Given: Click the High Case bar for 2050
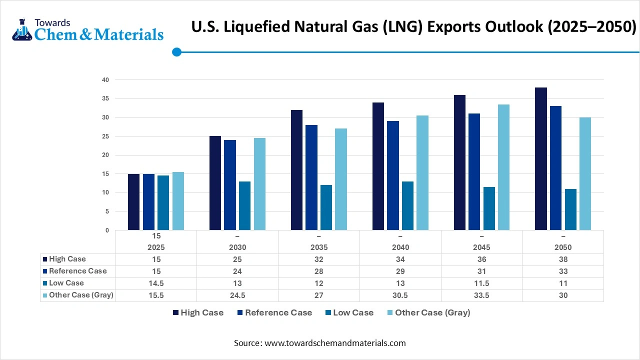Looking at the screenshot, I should [x=541, y=159].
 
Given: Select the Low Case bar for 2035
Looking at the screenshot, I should [x=326, y=207].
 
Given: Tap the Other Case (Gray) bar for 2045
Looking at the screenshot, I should [x=503, y=167].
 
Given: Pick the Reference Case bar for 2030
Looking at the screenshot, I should [x=230, y=185].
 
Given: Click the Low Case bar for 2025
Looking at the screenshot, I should [x=163, y=203].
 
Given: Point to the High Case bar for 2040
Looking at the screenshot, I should [x=378, y=166].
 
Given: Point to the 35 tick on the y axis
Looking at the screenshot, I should [x=105, y=98].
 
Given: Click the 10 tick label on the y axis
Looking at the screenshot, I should [x=105, y=192].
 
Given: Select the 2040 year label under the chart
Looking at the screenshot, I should [x=400, y=247].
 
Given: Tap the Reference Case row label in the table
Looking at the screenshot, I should [x=77, y=271].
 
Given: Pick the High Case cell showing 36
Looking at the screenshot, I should [x=481, y=259].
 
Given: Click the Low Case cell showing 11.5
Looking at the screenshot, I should [x=481, y=283].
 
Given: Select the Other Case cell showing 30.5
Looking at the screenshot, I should [x=400, y=295].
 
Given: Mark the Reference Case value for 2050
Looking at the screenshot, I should [x=563, y=271].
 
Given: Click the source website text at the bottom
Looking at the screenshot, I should [x=320, y=343].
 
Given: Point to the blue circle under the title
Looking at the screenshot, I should [x=176, y=52].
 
